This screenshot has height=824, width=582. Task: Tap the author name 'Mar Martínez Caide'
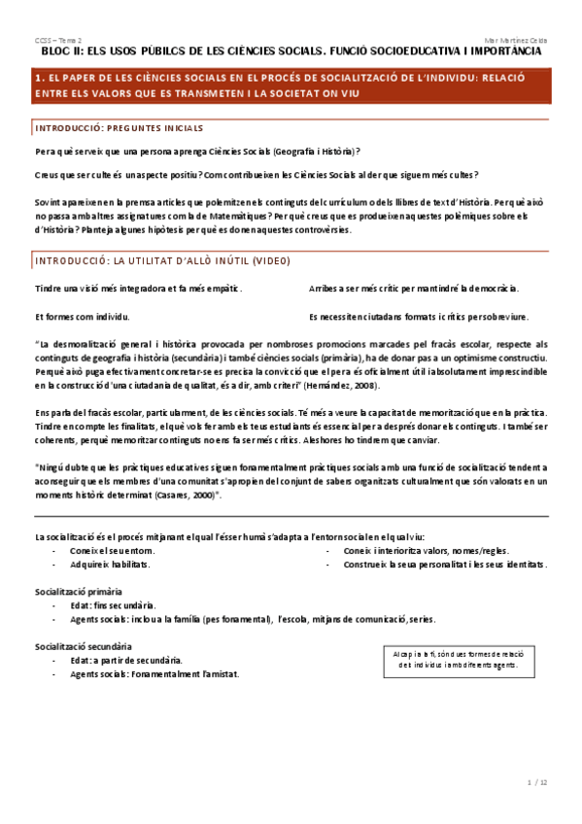pyautogui.click(x=516, y=40)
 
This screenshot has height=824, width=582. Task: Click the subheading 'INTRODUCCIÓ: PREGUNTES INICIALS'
pyautogui.click(x=119, y=128)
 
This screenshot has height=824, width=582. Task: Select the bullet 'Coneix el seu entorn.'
pyautogui.click(x=112, y=550)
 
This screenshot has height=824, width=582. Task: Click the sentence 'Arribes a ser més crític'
pyautogui.click(x=413, y=289)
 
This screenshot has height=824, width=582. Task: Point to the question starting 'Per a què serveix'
pyautogui.click(x=197, y=151)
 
